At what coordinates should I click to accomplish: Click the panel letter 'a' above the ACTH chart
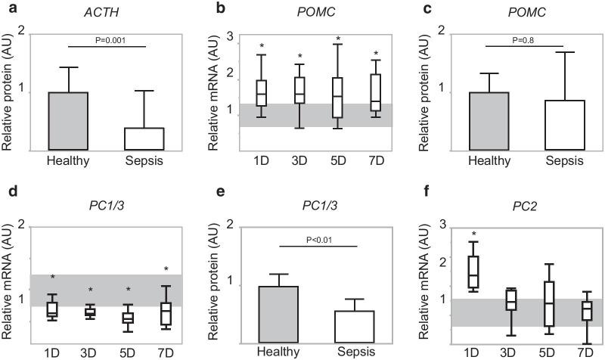(x=8, y=7)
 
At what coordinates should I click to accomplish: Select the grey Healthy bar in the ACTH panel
(x=69, y=121)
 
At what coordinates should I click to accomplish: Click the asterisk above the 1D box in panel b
(x=262, y=47)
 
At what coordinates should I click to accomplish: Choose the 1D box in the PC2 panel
(x=475, y=271)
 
